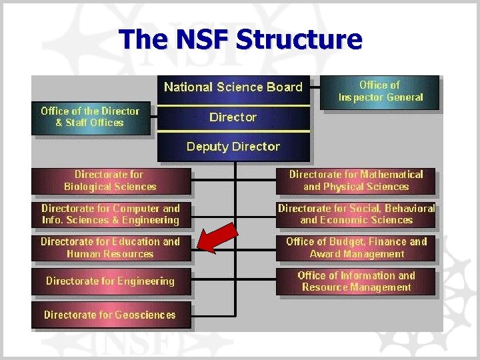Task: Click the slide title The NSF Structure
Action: click(x=241, y=40)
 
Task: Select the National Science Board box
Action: click(x=233, y=87)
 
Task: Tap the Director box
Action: click(x=233, y=118)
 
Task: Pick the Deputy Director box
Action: click(x=233, y=147)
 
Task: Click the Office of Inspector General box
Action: click(x=381, y=91)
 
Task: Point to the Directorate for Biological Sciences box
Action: click(x=110, y=181)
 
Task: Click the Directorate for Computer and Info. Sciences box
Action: click(x=111, y=215)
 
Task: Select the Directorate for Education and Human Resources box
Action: click(x=111, y=248)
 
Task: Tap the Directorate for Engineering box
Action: click(x=111, y=281)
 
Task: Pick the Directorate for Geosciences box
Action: click(x=110, y=315)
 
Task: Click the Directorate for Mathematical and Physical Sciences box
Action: click(x=356, y=181)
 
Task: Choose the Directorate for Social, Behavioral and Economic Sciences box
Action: click(x=356, y=214)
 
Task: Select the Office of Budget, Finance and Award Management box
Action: click(x=356, y=248)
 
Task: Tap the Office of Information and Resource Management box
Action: click(x=356, y=281)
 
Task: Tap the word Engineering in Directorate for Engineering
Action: click(x=144, y=281)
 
